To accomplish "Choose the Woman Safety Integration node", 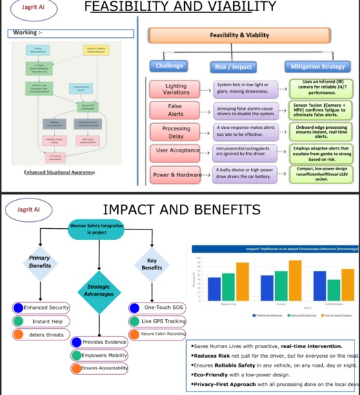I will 93,229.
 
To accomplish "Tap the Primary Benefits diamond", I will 39,261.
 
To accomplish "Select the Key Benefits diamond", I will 152,263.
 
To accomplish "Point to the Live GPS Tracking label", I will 163,321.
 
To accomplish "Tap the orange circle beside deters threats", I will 19,334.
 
